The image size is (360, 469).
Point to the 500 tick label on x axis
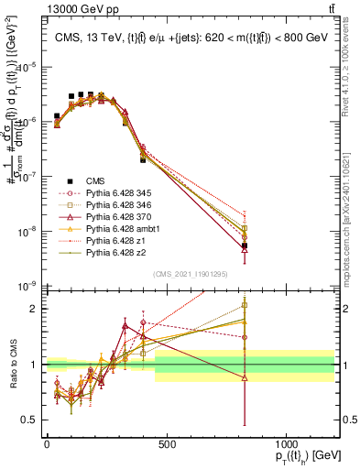[x=167, y=444]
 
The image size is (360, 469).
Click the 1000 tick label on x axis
[x=286, y=444]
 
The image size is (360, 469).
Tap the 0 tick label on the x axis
[x=47, y=444]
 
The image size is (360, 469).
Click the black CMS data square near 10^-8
[x=245, y=245]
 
